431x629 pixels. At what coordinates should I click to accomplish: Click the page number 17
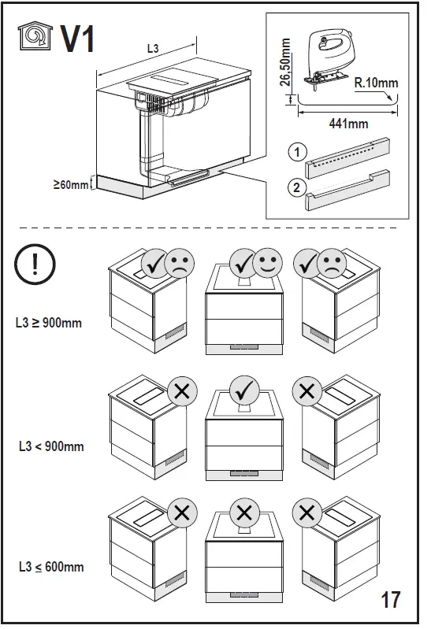390,600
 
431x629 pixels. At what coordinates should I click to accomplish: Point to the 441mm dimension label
347,124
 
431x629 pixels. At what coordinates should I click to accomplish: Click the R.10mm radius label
375,82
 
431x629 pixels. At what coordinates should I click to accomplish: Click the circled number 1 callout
295,152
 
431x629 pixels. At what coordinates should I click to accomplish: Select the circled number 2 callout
295,187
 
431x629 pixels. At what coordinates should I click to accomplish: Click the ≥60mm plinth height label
70,185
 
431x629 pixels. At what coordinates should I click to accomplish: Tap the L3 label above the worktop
153,49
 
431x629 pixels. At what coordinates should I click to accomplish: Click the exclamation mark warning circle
37,266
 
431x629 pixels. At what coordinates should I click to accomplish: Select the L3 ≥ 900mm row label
49,323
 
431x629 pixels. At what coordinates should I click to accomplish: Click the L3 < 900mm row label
50,446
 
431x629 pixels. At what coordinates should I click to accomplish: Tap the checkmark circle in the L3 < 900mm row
245,390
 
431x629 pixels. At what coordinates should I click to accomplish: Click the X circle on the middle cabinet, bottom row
244,513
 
